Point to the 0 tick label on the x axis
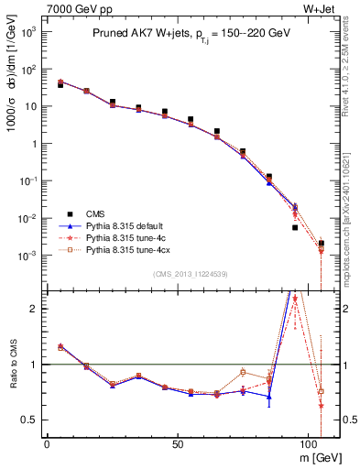click(47, 442)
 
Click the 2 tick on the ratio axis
click(37, 309)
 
